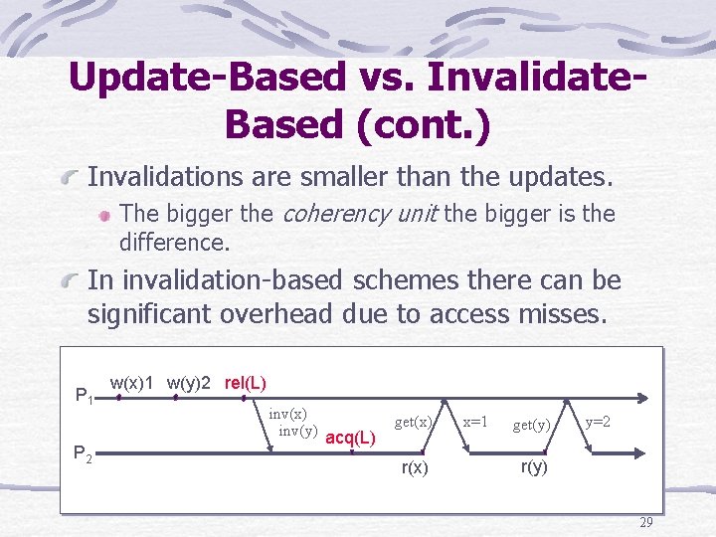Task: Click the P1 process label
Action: [x=85, y=397]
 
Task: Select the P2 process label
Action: [x=85, y=456]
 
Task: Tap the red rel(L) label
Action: [x=245, y=383]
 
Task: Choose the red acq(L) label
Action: [x=350, y=438]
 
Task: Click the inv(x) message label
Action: [x=287, y=414]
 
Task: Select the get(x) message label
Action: [x=413, y=422]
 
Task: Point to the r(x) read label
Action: [x=415, y=467]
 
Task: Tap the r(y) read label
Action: [x=535, y=466]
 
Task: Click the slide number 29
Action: [x=646, y=522]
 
